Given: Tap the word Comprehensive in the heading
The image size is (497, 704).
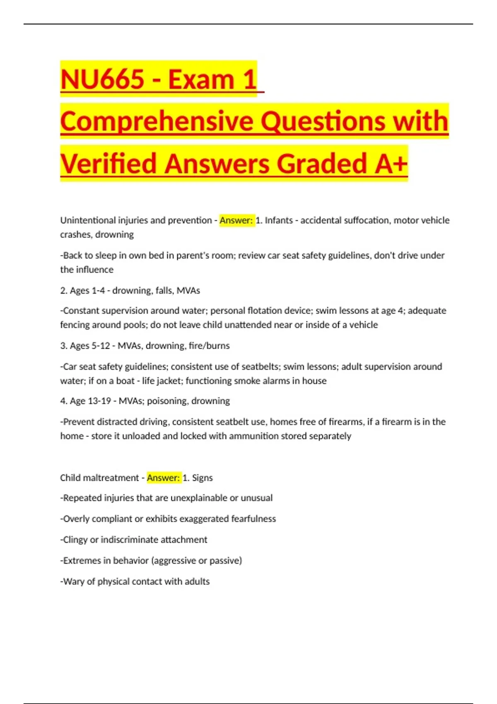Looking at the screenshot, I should pyautogui.click(x=157, y=121).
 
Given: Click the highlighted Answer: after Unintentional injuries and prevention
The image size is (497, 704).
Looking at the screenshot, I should pyautogui.click(x=236, y=220).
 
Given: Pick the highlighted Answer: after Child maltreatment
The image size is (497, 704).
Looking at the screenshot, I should pyautogui.click(x=163, y=478).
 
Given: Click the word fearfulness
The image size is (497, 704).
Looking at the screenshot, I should pyautogui.click(x=253, y=519).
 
